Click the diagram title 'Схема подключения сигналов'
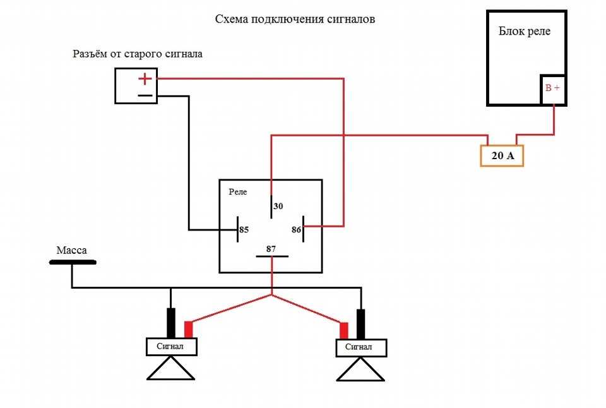(x=295, y=20)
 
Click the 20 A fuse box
(x=502, y=155)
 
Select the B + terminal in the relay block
(x=552, y=88)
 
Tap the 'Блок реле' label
(x=524, y=32)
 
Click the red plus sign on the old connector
(x=145, y=79)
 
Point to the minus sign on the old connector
(x=145, y=96)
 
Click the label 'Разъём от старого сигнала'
(x=138, y=54)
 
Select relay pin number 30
(x=278, y=207)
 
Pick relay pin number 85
(x=244, y=230)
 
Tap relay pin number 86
(x=296, y=230)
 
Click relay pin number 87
(x=271, y=249)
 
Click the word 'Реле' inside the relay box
(x=238, y=191)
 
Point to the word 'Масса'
(x=72, y=251)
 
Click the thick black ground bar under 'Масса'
(x=73, y=261)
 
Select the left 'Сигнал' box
(x=172, y=347)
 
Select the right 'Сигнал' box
(x=361, y=347)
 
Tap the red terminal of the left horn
(x=188, y=330)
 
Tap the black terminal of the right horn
(x=361, y=323)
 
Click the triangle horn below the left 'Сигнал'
(x=170, y=369)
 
